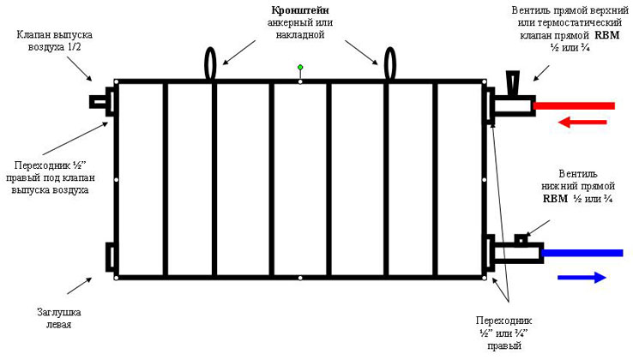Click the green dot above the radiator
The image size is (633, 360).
300,67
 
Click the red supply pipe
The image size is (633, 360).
574,105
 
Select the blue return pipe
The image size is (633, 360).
582,253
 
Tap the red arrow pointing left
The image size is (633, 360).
582,122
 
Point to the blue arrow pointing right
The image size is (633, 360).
582,277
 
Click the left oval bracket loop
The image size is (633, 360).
211,63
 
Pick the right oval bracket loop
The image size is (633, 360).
389,63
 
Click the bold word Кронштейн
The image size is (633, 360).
300,10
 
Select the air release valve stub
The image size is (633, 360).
98,102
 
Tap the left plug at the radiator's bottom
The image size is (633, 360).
110,257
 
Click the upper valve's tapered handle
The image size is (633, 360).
513,83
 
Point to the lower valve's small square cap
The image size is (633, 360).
521,240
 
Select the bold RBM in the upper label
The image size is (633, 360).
606,35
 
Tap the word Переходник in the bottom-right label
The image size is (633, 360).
504,321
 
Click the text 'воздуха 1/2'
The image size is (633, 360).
55,47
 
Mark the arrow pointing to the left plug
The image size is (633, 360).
80,285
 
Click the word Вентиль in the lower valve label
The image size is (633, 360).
578,174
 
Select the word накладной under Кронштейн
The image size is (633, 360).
300,34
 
